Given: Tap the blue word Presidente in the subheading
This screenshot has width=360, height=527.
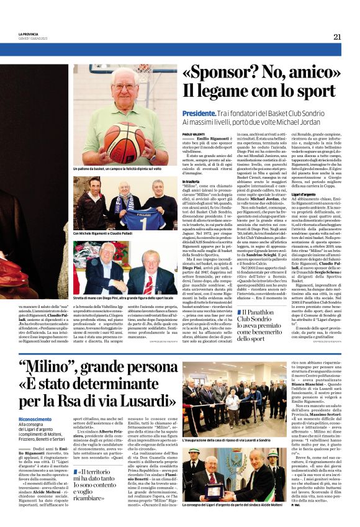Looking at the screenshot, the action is point(199,114).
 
